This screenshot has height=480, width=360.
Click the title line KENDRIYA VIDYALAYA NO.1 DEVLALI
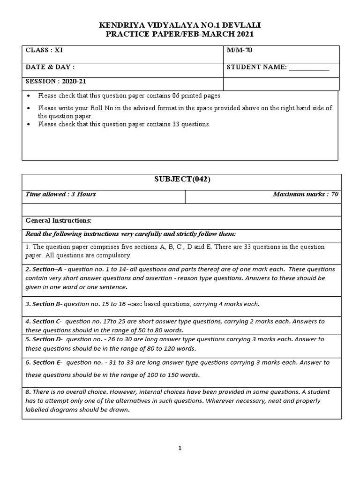[180, 25]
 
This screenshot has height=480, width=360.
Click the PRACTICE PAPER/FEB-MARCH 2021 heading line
[180, 35]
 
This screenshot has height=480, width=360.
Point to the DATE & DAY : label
[50, 67]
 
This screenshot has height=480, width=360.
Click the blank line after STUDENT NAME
[309, 68]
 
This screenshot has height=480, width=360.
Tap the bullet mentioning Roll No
[185, 112]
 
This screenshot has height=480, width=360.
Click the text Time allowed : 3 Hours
[61, 194]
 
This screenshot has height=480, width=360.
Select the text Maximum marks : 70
[305, 194]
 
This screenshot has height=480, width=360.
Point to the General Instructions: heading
[59, 220]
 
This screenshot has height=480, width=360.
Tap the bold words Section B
[46, 304]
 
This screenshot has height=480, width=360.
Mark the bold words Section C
[47, 321]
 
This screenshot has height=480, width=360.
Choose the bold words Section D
[47, 339]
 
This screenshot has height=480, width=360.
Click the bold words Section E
[47, 362]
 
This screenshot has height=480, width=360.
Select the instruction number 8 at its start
[27, 391]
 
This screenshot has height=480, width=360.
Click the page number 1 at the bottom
[180, 448]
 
